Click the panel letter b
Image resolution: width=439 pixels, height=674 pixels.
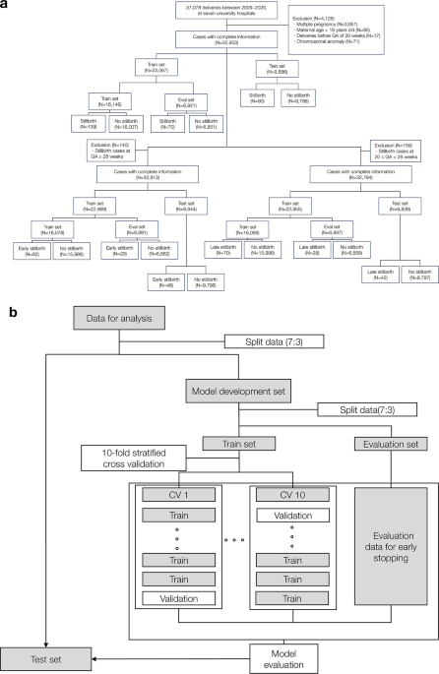(x=12, y=314)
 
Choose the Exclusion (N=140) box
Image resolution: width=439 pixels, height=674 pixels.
(x=112, y=148)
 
